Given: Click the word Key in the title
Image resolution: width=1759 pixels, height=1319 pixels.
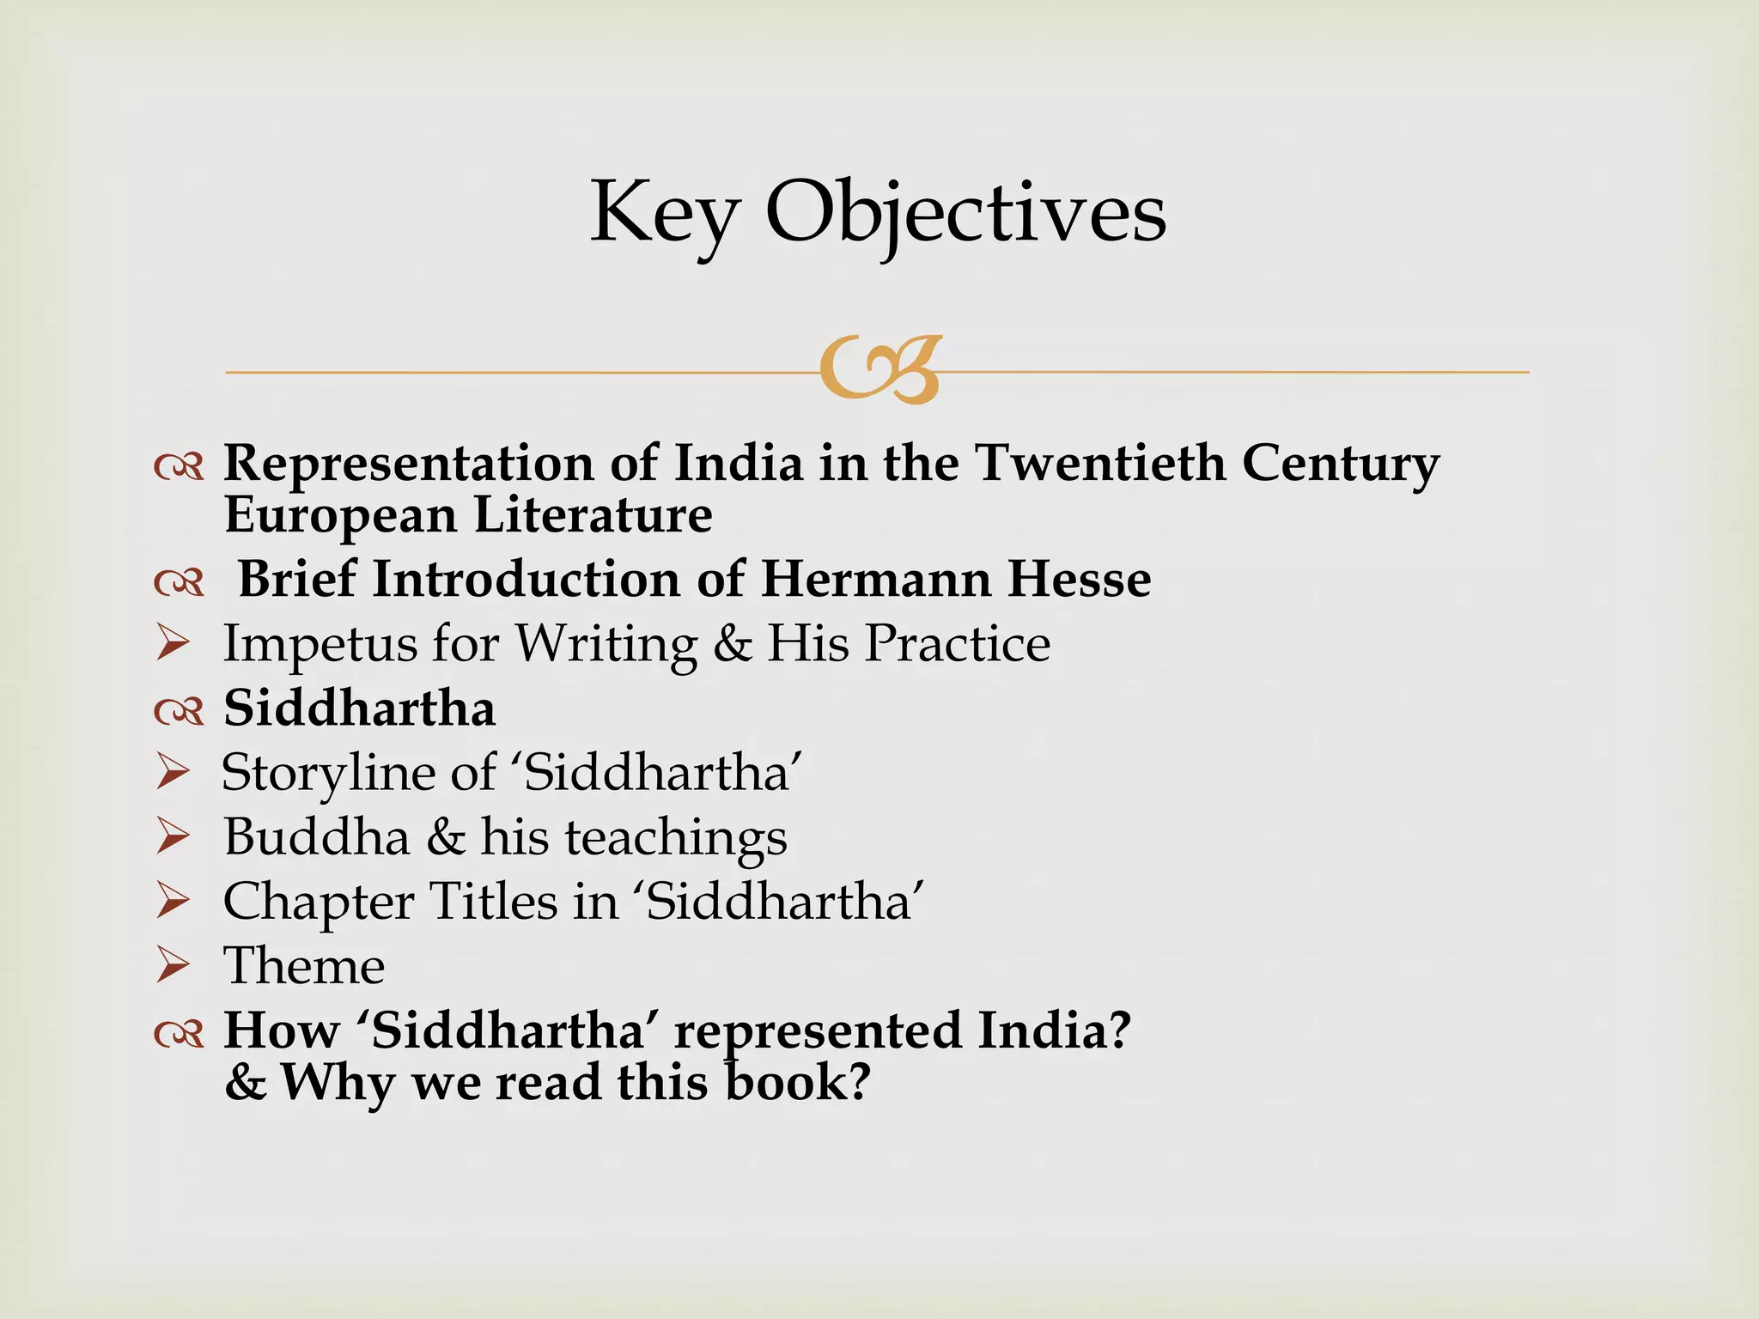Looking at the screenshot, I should click(x=663, y=213).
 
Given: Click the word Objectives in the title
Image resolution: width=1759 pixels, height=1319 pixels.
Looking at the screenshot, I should click(x=965, y=213).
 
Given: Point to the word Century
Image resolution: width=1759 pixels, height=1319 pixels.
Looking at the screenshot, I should click(x=1340, y=465).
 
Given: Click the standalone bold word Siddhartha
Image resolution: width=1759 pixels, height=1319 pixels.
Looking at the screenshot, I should click(x=359, y=708).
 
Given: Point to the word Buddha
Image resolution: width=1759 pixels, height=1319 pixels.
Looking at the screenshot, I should click(x=316, y=836).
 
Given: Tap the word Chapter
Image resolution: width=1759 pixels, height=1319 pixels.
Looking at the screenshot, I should click(x=318, y=903).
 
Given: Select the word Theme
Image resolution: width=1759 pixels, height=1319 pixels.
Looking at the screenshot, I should click(x=304, y=966).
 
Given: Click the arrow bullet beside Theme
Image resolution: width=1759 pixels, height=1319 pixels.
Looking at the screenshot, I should click(x=173, y=966).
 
